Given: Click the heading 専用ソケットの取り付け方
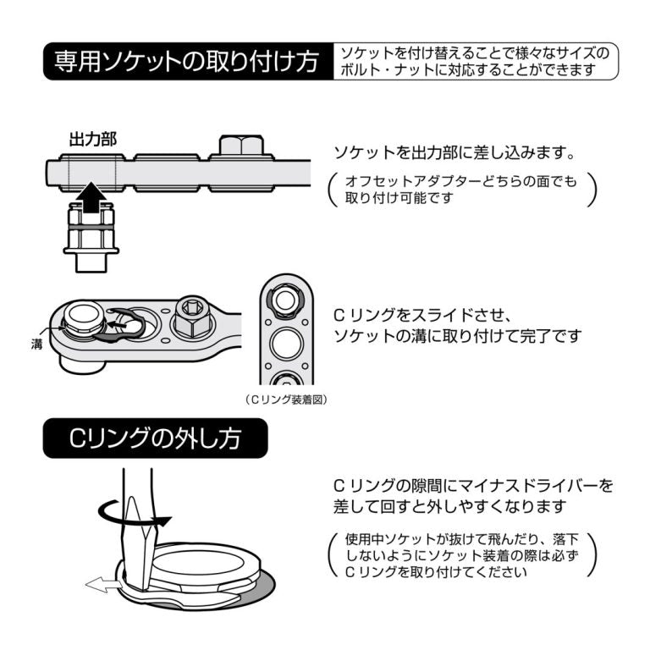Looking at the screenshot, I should tap(186, 62).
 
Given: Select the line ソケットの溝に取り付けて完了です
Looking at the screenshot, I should tap(458, 336).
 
